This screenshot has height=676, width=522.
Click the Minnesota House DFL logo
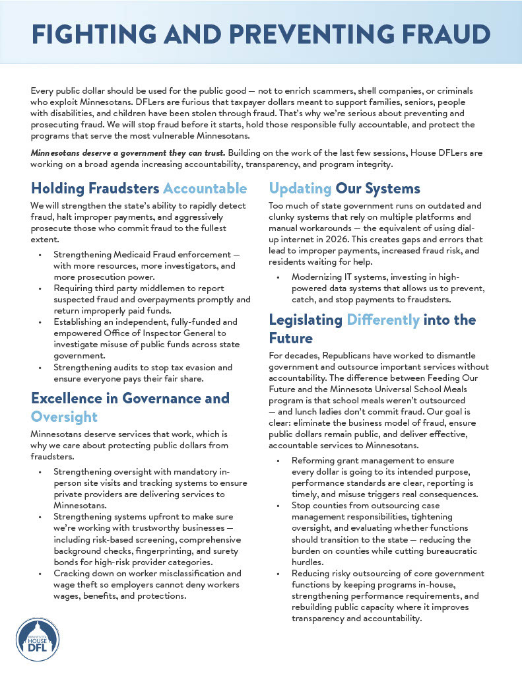click(38, 640)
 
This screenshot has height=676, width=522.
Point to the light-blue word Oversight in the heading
click(64, 417)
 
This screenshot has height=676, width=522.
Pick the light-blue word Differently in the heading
click(383, 320)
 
